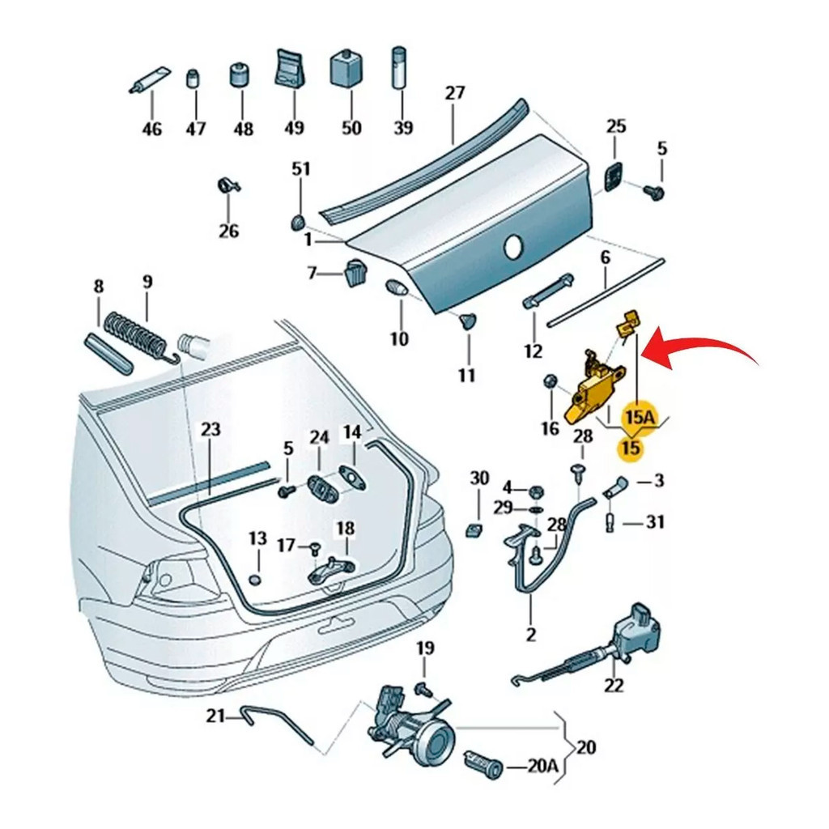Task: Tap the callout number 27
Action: tap(456, 93)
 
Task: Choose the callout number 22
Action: tap(614, 685)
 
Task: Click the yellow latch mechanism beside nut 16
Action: tap(594, 388)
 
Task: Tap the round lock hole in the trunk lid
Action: tap(513, 249)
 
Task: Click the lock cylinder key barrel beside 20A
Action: tap(483, 763)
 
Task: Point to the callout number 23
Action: tap(210, 429)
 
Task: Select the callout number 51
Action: tap(301, 169)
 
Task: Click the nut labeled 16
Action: tap(550, 380)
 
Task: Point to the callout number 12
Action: tap(533, 351)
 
